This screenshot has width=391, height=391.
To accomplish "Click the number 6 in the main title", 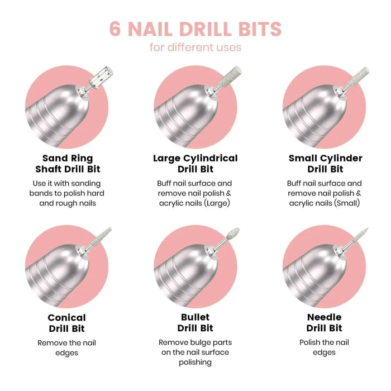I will click(115, 28).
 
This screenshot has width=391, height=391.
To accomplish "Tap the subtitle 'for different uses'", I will click(195, 47).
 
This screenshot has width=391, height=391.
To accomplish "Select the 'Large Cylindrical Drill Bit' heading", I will click(195, 164).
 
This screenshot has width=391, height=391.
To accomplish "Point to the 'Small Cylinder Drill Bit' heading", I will click(325, 164).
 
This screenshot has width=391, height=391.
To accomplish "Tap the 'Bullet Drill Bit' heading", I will click(195, 323).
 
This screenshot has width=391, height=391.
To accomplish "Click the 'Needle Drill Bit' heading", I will click(325, 323).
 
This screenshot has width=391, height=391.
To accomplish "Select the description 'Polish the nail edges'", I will click(325, 347).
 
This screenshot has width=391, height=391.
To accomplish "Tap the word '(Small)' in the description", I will click(347, 203).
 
